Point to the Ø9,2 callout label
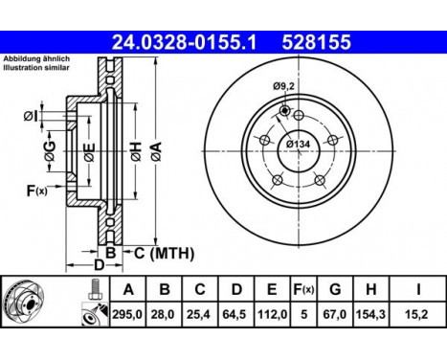[284, 88]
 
